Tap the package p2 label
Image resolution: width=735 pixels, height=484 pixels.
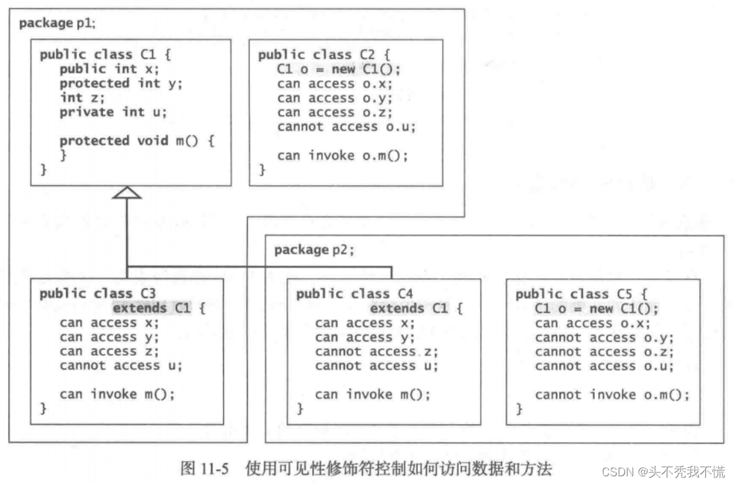[314, 250]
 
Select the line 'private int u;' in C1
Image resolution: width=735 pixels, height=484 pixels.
[113, 112]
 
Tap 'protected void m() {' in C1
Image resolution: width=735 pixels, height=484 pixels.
[136, 141]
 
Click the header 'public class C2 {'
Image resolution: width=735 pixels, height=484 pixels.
[324, 55]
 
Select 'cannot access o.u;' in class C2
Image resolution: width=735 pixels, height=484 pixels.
[346, 127]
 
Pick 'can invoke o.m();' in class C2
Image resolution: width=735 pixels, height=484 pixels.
[342, 155]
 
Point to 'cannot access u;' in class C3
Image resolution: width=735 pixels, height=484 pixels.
[121, 366]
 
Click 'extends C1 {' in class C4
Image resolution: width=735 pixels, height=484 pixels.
[416, 308]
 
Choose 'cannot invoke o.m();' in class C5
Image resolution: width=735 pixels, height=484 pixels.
[611, 395]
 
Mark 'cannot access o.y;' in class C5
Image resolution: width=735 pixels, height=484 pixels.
[604, 338]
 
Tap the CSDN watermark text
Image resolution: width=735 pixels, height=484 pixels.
[664, 471]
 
